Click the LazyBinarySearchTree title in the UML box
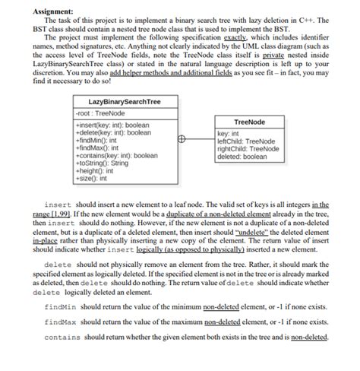point(125,102)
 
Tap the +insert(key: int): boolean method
point(113,125)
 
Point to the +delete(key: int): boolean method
point(115,132)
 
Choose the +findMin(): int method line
point(97,140)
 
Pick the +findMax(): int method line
point(98,147)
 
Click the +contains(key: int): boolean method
point(118,155)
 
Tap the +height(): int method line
point(96,170)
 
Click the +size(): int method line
point(93,178)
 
